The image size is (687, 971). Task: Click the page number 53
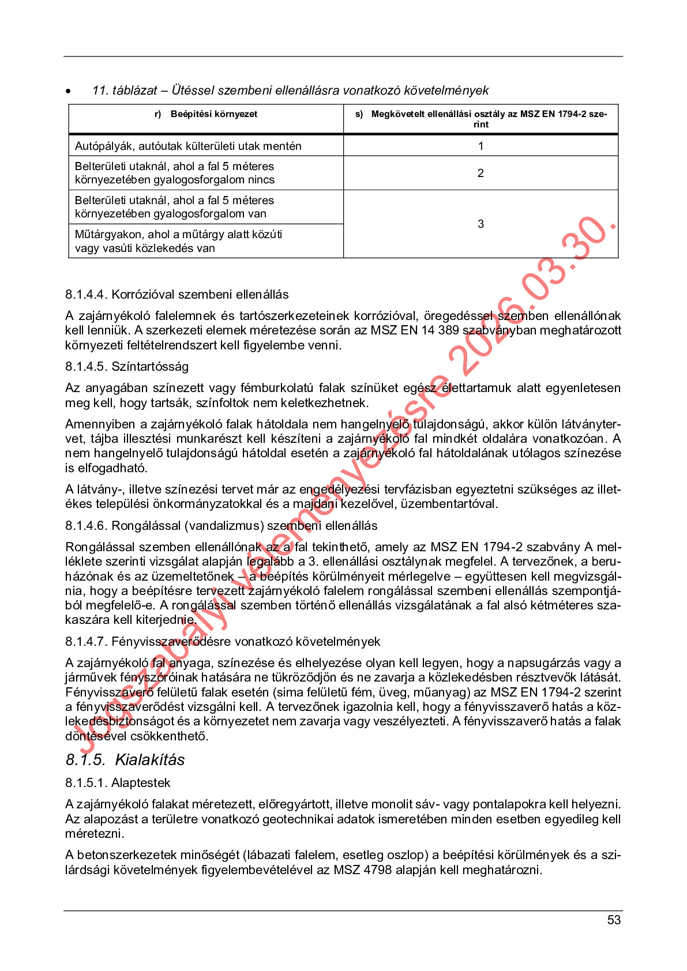coord(614,920)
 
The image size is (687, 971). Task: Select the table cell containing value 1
coord(480,146)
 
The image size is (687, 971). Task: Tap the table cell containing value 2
coord(480,173)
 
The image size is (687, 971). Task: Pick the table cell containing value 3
coord(480,224)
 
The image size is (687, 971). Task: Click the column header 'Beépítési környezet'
coord(213,114)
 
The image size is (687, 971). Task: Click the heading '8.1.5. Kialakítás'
coord(125,760)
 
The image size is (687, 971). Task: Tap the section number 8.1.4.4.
coord(87,295)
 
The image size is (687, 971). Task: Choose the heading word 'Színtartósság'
coord(150,367)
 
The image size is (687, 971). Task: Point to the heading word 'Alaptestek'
coord(141,783)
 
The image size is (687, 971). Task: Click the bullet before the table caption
coord(69,91)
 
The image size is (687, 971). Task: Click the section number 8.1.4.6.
coord(87,526)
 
